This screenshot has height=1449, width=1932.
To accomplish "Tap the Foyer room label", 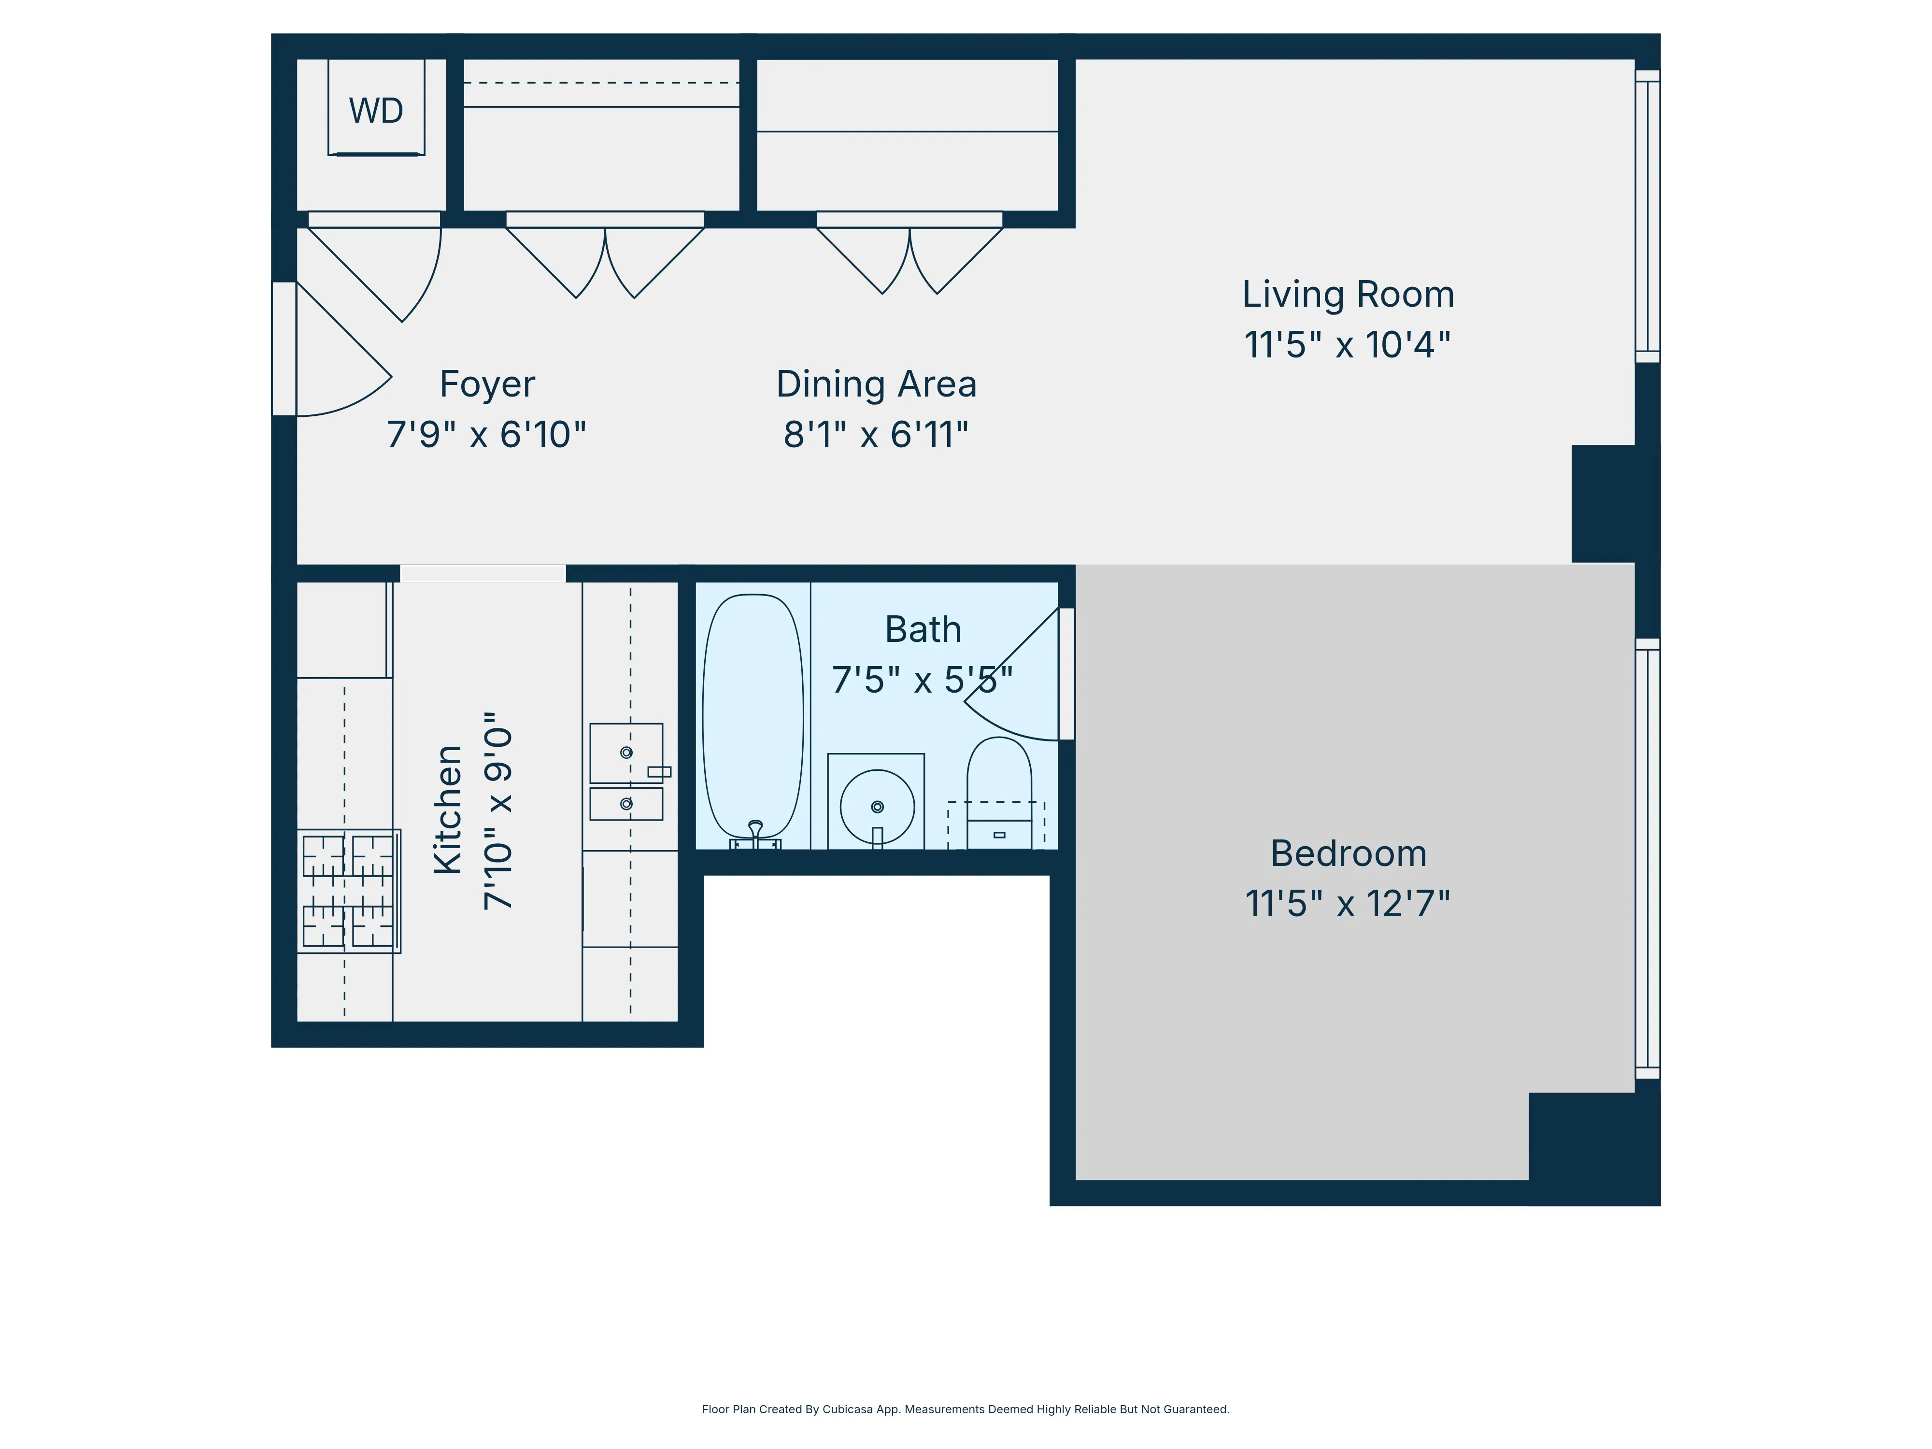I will (486, 384).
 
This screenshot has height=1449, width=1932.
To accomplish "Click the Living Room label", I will (1348, 294).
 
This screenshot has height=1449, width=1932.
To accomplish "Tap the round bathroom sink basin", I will (877, 806).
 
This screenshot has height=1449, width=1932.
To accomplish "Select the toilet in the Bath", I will (999, 791).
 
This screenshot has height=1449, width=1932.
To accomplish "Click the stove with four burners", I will (349, 891).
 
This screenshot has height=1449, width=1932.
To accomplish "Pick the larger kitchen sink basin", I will (625, 752).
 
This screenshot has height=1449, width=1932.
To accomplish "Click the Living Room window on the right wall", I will (1647, 216).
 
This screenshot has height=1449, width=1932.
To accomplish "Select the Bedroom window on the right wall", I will (1647, 860).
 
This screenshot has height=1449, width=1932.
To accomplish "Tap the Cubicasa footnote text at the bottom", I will (965, 1409).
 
